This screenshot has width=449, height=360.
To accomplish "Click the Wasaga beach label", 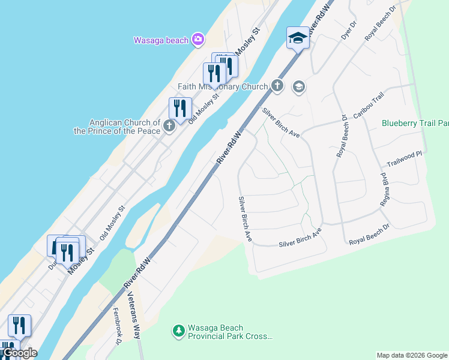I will click(160, 40).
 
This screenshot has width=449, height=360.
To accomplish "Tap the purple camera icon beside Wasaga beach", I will click(198, 40).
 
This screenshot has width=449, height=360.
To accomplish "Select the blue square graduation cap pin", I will click(298, 38).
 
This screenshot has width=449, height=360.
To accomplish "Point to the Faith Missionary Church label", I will click(222, 87).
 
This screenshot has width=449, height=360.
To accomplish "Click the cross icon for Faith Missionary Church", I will click(277, 85).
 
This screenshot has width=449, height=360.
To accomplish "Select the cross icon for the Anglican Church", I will click(169, 126).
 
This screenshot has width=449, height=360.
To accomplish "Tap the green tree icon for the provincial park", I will click(178, 331).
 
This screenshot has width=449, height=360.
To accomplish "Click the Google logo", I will click(19, 353).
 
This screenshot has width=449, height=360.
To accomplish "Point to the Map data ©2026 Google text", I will click(412, 355).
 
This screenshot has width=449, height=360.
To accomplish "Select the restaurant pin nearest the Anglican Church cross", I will click(179, 109).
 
